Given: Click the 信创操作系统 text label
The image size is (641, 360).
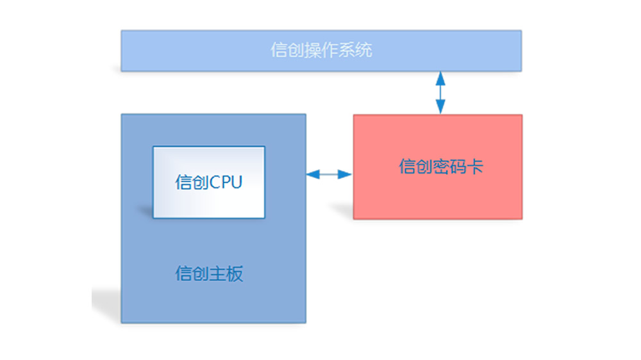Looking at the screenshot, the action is tap(321, 50).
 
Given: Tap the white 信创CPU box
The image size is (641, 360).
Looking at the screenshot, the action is tap(209, 183).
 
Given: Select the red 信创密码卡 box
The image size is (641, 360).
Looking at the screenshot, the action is tap(438, 167).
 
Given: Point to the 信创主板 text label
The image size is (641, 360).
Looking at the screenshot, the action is tap(209, 274).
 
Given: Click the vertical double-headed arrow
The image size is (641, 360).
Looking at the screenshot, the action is tap(440, 93).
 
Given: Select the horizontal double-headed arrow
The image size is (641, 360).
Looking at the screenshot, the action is tap(329, 174).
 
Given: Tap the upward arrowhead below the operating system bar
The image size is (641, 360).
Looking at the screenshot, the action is tap(440, 78).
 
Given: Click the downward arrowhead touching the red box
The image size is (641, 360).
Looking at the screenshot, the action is tap(440, 107).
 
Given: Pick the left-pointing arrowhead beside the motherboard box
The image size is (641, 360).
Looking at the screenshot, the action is tap(313, 174).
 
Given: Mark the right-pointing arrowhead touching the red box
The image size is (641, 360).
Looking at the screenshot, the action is tap(345, 174).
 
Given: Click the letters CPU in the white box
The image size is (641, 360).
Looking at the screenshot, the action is tap(226, 183).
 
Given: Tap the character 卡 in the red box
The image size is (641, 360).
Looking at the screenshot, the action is tap(475, 167).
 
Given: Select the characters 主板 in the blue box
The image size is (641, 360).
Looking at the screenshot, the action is tap(226, 274).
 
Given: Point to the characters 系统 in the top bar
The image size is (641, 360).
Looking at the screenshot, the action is tap(355, 50).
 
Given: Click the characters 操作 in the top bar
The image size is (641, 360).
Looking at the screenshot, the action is tap(321, 50).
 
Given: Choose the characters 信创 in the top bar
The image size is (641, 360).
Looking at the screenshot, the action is tap(287, 50).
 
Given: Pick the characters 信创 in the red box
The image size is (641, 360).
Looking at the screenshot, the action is tap(416, 167).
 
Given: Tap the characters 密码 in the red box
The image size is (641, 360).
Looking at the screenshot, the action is tap(450, 167).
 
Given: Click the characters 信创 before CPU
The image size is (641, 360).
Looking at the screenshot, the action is tap(192, 183).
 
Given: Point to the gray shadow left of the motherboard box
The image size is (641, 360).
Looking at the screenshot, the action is tap(106, 304).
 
